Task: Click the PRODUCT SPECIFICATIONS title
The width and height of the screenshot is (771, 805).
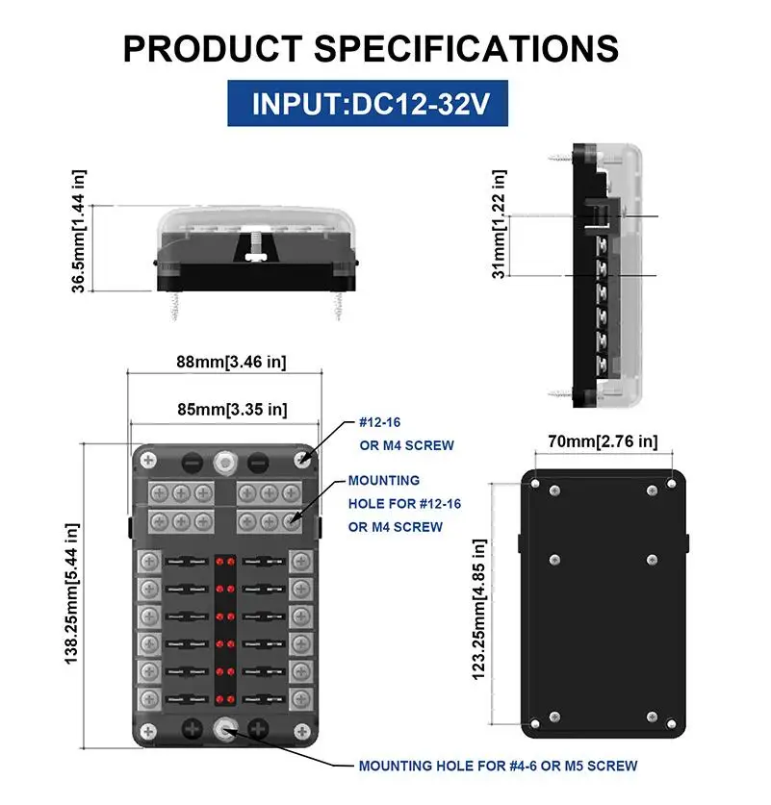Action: (371, 48)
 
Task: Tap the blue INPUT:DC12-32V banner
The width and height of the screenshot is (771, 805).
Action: (371, 104)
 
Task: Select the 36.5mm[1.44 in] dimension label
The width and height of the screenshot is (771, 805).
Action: (79, 231)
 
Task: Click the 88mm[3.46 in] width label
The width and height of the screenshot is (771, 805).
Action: (231, 363)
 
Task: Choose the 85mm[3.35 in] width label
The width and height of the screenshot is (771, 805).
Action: (231, 410)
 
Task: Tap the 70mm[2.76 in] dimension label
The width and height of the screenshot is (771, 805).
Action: (602, 441)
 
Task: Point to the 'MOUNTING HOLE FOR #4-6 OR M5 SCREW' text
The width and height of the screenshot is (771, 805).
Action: (497, 767)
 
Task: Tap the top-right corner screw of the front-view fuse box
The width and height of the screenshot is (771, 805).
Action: (303, 460)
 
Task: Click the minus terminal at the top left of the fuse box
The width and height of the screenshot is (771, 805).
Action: (191, 461)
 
